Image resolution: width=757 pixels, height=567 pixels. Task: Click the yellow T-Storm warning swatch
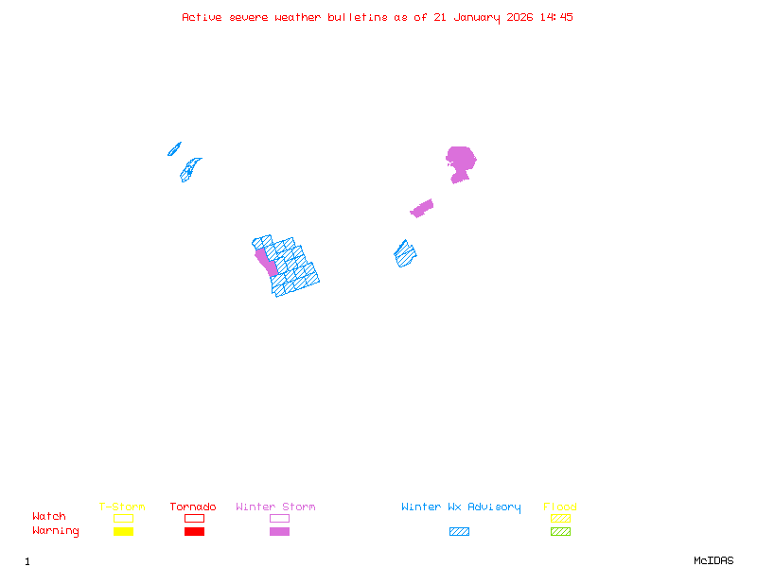(x=123, y=531)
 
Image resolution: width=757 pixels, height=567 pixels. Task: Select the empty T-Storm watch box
(x=123, y=518)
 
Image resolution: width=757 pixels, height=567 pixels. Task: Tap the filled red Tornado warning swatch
(x=194, y=531)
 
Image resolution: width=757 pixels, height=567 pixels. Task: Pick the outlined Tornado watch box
(x=194, y=518)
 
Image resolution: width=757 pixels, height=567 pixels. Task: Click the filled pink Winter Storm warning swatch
(x=279, y=531)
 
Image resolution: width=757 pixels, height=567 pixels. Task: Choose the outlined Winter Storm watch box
(x=279, y=518)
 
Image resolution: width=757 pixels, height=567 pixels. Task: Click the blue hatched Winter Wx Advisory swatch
(x=459, y=531)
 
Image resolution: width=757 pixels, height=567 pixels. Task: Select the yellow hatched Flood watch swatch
(x=560, y=518)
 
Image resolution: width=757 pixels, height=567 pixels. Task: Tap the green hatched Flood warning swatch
(x=560, y=531)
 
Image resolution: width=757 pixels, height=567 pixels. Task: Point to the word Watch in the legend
(x=49, y=517)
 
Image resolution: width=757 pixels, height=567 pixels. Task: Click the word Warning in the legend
(x=55, y=531)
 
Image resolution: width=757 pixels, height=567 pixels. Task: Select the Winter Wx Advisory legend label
(x=461, y=507)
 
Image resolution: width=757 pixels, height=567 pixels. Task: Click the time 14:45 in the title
(x=558, y=17)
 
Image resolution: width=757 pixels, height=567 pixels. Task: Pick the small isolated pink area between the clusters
(x=422, y=208)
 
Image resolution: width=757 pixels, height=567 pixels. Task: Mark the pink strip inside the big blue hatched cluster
(x=266, y=260)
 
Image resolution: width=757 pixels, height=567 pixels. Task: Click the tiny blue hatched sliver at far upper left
(x=174, y=148)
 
